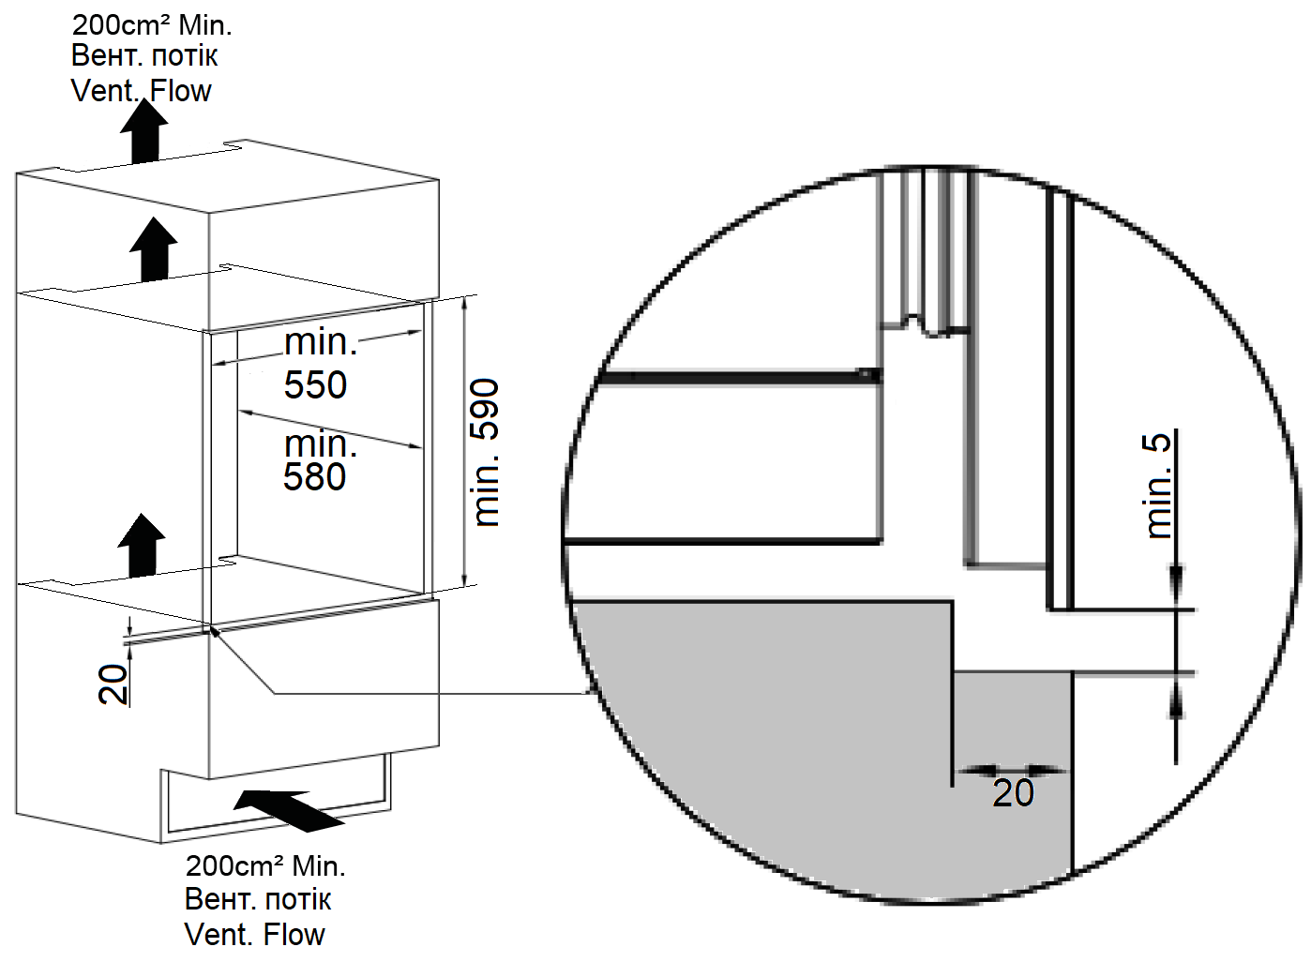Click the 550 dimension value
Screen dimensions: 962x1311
(315, 385)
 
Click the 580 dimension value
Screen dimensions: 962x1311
(315, 477)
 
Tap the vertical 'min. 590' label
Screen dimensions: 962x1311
(486, 452)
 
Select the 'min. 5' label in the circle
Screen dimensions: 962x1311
(1159, 485)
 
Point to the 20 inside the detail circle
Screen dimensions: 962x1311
(1013, 793)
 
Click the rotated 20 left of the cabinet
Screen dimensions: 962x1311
(113, 684)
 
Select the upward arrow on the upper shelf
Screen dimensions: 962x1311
(153, 248)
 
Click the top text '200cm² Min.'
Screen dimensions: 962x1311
(152, 24)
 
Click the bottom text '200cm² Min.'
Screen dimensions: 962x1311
(265, 865)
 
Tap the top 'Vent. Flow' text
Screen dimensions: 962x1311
(142, 91)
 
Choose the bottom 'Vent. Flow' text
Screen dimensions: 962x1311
(255, 934)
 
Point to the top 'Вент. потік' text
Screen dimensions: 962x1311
(144, 56)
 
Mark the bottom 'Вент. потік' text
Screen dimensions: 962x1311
(258, 899)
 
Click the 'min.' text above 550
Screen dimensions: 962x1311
(321, 342)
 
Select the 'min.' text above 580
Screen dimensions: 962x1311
(321, 443)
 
